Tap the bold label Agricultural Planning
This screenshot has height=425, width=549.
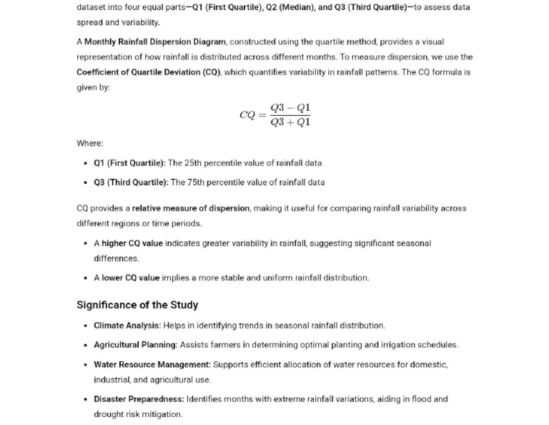135,344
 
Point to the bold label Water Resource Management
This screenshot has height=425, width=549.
152,364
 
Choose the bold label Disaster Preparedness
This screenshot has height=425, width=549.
139,399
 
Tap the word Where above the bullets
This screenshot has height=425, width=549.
89,143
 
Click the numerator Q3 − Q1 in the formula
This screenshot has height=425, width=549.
290,108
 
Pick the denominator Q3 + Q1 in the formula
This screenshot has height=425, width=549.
290,122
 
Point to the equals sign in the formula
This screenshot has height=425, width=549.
262,115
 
